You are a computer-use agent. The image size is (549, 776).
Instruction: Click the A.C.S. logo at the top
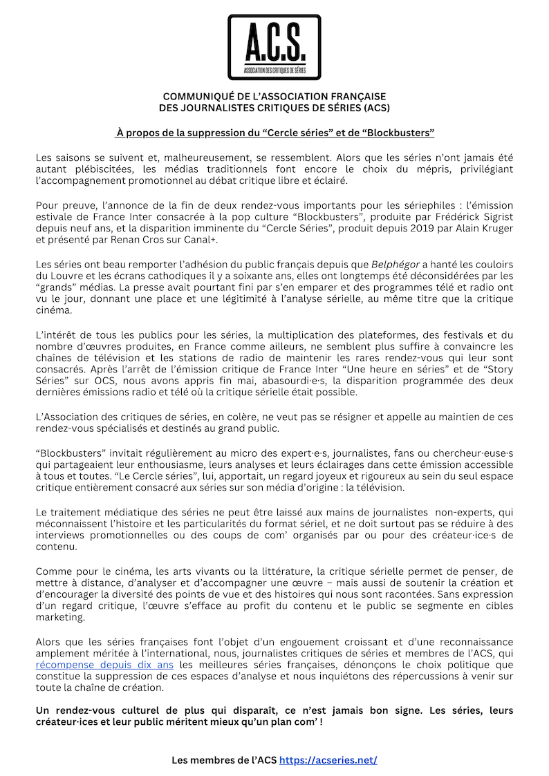(x=274, y=47)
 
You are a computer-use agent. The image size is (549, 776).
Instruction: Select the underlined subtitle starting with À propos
(x=274, y=132)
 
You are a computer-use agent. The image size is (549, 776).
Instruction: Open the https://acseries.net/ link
(x=328, y=759)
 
